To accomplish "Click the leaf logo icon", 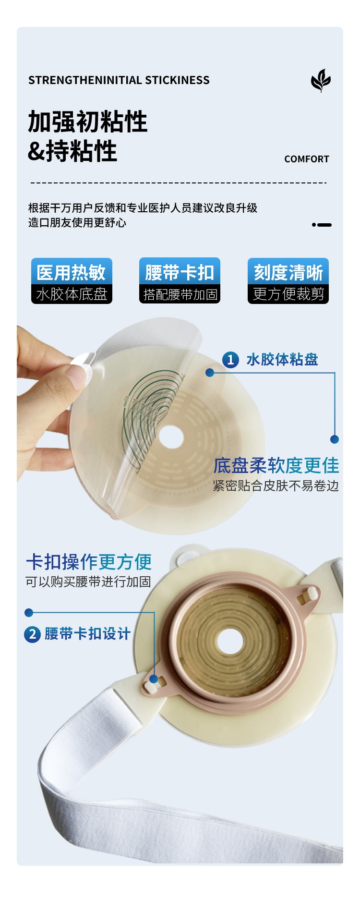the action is (321, 80).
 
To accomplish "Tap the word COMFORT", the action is (307, 159).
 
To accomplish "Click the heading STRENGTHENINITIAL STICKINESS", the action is (119, 80).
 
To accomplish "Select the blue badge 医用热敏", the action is (72, 272).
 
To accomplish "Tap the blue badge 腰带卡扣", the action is (180, 272).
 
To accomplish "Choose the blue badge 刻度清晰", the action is (288, 272).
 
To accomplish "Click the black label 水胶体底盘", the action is (72, 294).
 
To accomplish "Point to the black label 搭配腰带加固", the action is (180, 294).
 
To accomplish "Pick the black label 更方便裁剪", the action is (288, 294).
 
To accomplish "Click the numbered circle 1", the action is (230, 360).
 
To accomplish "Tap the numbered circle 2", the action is (32, 634).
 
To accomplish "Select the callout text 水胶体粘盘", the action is (282, 360).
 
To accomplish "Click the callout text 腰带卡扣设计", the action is (87, 634).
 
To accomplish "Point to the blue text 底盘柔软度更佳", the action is (276, 465).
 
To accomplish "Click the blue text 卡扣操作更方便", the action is (89, 562).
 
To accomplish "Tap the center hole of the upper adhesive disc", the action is (171, 436).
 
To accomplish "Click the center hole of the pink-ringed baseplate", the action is (230, 641).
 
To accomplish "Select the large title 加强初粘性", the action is (88, 121).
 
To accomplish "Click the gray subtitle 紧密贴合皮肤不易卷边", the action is (276, 486).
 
